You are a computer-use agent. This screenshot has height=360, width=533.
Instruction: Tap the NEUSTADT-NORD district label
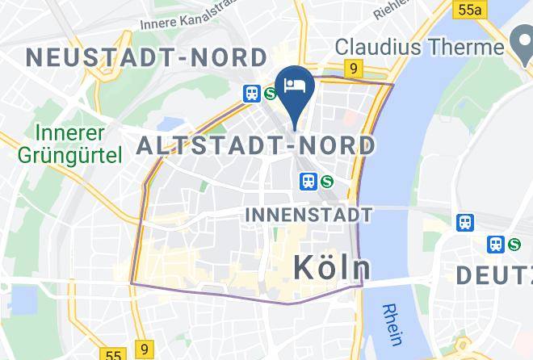coord(146,57)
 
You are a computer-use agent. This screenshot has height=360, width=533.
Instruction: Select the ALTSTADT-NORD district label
coord(256,145)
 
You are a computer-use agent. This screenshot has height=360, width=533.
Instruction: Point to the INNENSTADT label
coord(308,215)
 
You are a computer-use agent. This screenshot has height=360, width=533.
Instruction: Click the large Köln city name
coord(331,266)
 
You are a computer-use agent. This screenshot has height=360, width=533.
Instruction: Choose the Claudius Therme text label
coord(420,46)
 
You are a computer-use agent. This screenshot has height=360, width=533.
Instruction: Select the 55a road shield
coord(468,10)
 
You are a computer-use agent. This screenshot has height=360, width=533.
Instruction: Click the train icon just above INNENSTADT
coord(308,182)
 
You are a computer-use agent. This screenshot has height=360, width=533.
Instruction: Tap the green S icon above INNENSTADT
coord(326,182)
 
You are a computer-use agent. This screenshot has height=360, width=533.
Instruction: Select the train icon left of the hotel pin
coord(252,93)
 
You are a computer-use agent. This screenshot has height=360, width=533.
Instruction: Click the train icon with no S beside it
coord(465,222)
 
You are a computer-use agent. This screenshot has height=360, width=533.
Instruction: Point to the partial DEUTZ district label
coord(493,275)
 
